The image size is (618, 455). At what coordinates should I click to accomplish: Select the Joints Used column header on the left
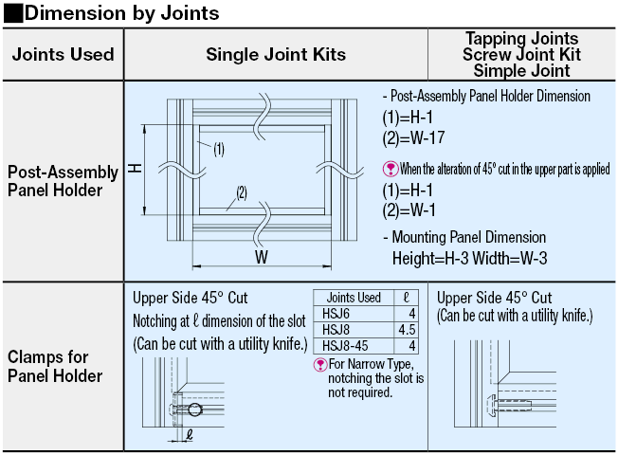tap(64, 55)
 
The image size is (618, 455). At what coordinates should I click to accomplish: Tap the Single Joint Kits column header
tap(275, 55)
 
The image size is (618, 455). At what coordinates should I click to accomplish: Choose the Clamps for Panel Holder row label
tap(56, 366)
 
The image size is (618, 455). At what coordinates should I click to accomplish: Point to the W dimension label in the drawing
tap(261, 257)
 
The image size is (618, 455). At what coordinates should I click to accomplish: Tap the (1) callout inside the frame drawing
tap(217, 148)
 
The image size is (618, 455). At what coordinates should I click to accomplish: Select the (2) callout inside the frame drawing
tap(242, 192)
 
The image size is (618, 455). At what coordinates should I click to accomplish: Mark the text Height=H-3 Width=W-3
tap(470, 257)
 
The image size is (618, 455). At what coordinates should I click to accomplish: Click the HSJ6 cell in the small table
tap(336, 313)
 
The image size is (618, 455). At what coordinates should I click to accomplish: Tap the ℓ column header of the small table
tap(405, 297)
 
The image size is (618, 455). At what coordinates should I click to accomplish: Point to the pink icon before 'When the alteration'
tap(389, 169)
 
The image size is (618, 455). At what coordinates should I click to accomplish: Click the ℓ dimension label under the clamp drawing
tap(190, 437)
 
